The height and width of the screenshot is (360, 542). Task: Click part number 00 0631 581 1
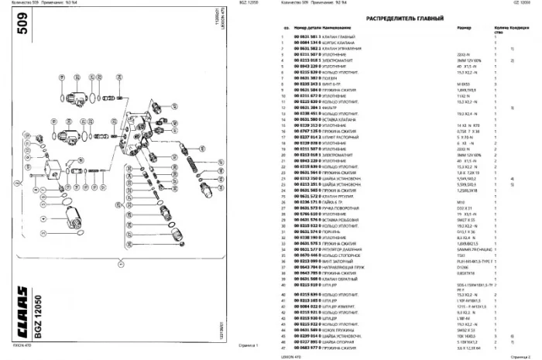[x=307, y=37]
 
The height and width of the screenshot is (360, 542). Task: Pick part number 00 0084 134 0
[x=307, y=43]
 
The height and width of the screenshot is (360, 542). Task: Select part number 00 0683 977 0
[x=307, y=349]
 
